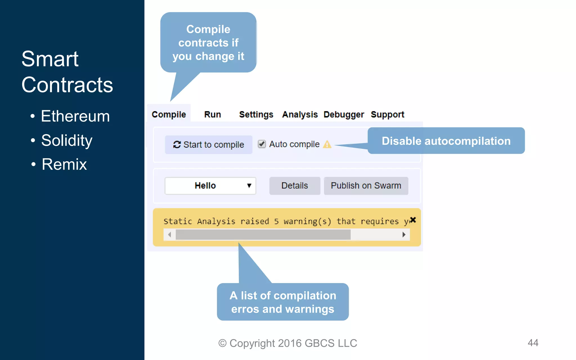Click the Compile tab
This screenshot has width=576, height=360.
(x=169, y=114)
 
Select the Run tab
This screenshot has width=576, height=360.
(x=212, y=114)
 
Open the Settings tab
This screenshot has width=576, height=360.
(x=256, y=114)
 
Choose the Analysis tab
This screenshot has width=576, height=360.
(x=300, y=114)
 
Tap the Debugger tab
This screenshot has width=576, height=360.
(x=344, y=114)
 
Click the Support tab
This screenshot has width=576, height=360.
(x=387, y=114)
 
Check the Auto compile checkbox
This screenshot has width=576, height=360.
(x=262, y=144)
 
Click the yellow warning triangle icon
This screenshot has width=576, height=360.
(x=327, y=144)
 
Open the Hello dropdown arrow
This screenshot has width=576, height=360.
(x=249, y=186)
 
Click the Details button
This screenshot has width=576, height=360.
(x=294, y=186)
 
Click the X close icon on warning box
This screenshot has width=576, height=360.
(x=413, y=220)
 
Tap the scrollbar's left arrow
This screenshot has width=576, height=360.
(x=169, y=235)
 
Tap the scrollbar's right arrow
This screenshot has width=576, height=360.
(x=404, y=235)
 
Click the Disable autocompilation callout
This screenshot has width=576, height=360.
(x=446, y=141)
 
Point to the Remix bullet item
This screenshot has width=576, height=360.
(x=64, y=164)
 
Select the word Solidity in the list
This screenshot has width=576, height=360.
(x=67, y=140)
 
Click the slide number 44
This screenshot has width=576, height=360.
(x=533, y=343)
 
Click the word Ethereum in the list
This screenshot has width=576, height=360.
(x=75, y=116)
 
